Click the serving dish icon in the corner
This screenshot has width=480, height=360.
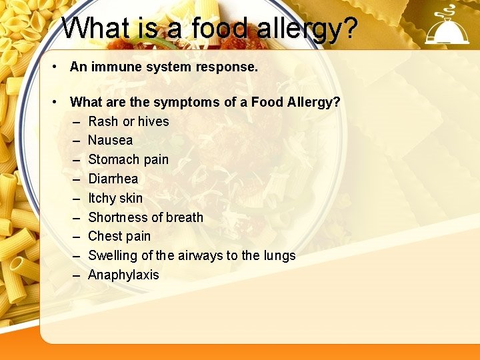(x=447, y=27)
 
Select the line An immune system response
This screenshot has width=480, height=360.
(x=163, y=67)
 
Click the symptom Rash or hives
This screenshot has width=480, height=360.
(x=129, y=121)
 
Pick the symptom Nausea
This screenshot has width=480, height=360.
(x=110, y=140)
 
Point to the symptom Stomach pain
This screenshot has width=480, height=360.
(x=128, y=159)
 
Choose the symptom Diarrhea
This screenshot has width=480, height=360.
(x=113, y=179)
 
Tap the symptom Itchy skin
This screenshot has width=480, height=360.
(x=115, y=198)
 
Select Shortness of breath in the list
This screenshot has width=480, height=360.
(x=145, y=217)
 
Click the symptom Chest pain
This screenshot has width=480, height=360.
(x=119, y=236)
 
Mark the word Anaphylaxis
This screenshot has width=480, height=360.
(x=123, y=275)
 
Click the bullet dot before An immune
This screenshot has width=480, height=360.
(x=60, y=67)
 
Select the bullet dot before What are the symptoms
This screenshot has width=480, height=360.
(x=60, y=102)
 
